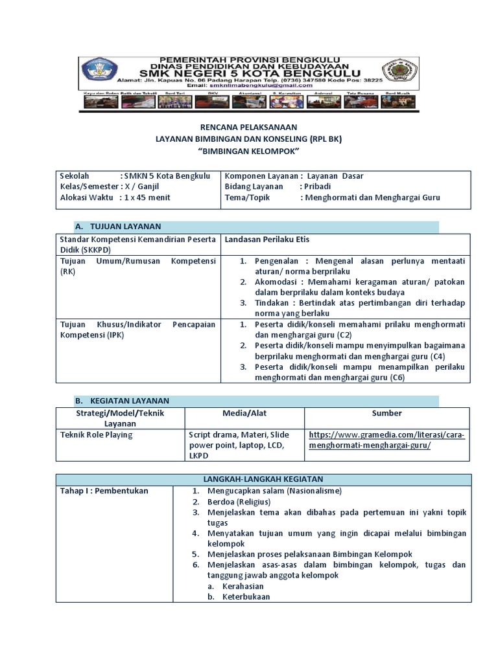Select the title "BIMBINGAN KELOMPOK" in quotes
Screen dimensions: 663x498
coord(248,150)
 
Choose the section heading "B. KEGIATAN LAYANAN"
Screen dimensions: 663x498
coord(122,401)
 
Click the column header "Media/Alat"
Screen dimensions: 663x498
coord(244,413)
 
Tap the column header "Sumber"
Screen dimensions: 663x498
coord(386,413)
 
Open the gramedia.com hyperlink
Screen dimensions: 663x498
coord(387,440)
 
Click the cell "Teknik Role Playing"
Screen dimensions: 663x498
coord(96,435)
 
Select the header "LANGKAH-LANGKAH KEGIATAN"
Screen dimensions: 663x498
coord(263,478)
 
